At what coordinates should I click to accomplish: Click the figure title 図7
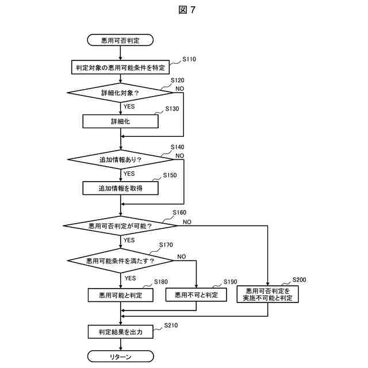coord(187,10)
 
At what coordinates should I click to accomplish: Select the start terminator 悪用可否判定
coord(120,40)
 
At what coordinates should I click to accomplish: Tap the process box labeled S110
coord(120,67)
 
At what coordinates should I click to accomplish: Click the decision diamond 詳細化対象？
coord(120,93)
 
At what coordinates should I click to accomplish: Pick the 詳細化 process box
coord(120,121)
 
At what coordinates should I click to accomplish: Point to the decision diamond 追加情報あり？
coord(120,160)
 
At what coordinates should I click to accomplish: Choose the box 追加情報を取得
coord(120,188)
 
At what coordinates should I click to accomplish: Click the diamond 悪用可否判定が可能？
coord(120,226)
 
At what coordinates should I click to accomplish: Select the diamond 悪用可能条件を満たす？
coord(120,260)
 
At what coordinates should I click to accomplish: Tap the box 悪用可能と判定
coord(121,295)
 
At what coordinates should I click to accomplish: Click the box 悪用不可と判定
coord(196,295)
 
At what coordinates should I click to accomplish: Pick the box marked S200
coord(268,294)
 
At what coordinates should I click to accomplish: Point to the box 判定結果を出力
coord(121,332)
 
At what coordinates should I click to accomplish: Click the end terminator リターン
coord(121,356)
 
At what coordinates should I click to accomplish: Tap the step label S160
coord(179,213)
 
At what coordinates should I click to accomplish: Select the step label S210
coord(171,325)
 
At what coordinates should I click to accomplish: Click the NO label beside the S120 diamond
coord(180,89)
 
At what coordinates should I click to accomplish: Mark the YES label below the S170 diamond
coord(130,278)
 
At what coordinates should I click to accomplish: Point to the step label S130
coord(172,109)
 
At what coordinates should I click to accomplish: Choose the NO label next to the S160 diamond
coord(187,222)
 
